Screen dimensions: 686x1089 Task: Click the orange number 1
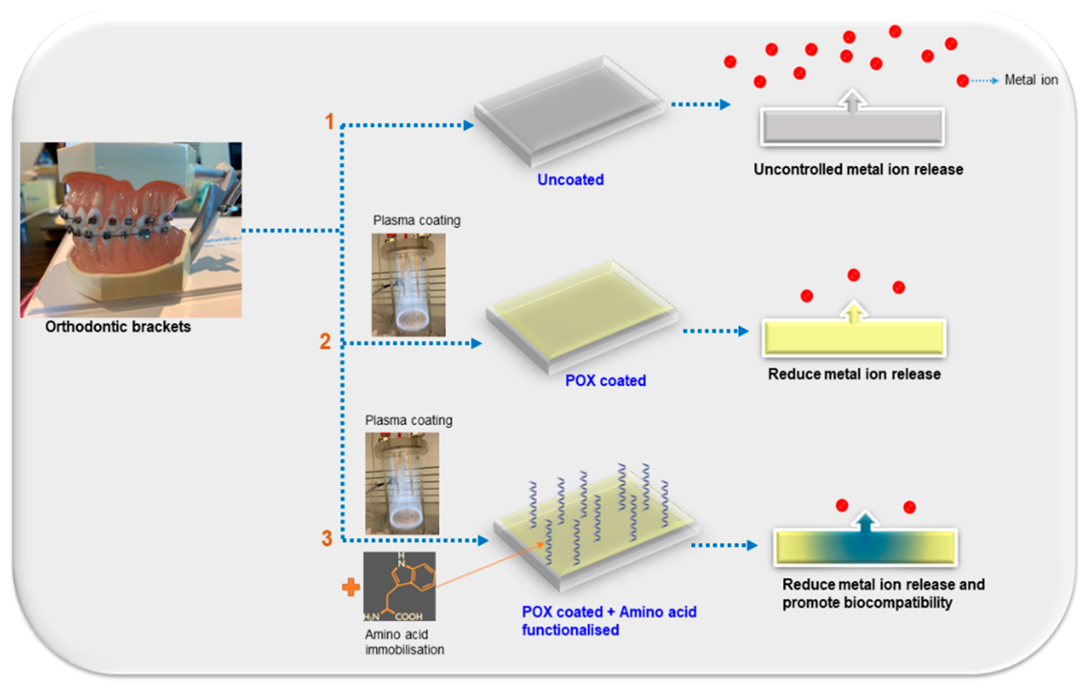329,121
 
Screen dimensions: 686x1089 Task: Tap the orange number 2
325,341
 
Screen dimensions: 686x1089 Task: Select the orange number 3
326,538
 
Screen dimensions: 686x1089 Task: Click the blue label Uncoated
570,179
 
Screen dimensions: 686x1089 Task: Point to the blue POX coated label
605,380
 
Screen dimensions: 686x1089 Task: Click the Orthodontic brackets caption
118,327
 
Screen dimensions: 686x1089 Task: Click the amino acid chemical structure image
399,586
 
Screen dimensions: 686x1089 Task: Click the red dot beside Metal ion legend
962,81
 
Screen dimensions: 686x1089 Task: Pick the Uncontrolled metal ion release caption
858,169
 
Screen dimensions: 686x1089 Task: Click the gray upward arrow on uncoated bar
852,101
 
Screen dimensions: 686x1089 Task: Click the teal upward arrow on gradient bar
865,522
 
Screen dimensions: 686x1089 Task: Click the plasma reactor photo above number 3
402,483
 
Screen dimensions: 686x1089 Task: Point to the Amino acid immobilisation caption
404,642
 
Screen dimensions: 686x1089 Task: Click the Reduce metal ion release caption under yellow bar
854,374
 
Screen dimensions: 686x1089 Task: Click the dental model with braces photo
131,229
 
